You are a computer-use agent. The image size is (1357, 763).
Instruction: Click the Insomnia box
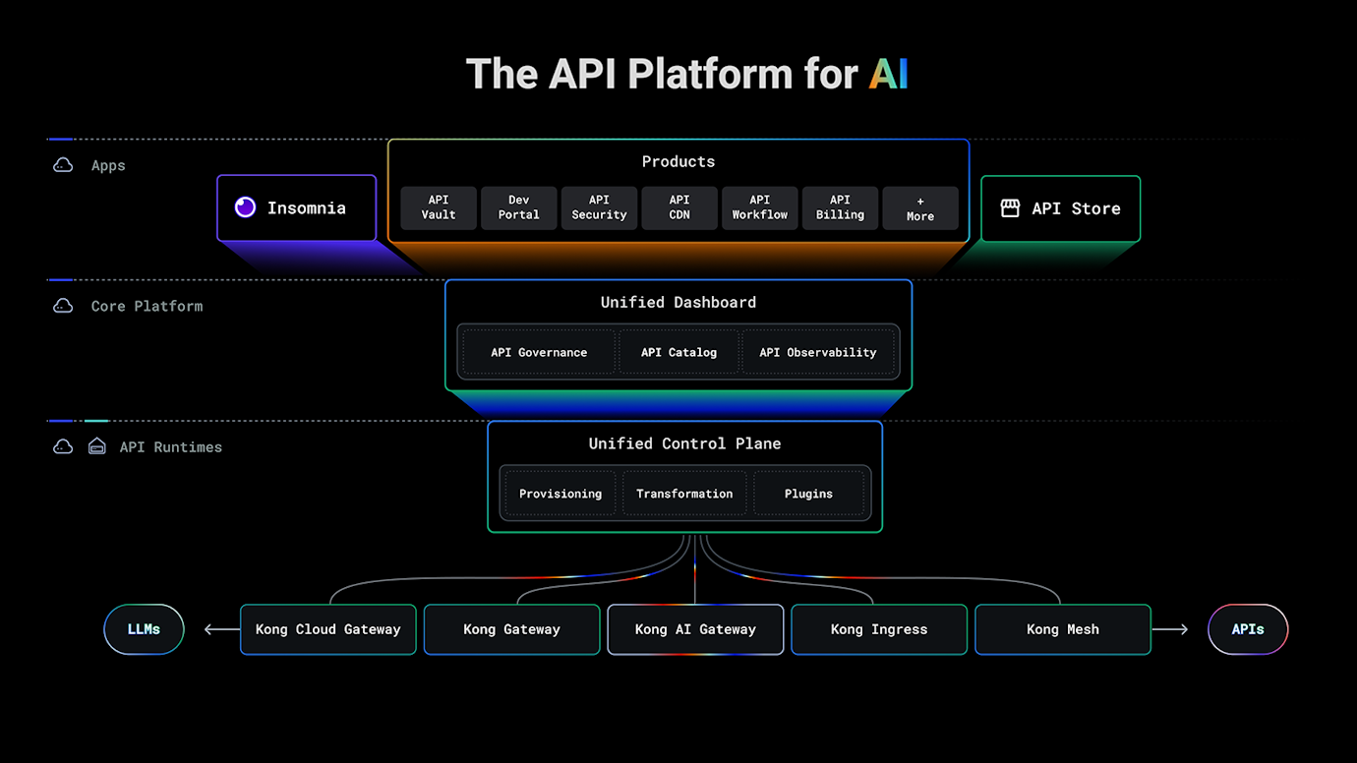(296, 208)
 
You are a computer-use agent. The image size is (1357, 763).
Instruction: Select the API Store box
(1060, 208)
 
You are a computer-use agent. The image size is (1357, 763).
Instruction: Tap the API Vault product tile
(439, 207)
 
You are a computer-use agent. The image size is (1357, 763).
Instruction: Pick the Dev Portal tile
(518, 207)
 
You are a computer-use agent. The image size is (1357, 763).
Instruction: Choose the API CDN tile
(679, 207)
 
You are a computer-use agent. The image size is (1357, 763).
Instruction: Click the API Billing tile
(840, 207)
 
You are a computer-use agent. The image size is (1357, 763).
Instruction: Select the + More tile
(920, 208)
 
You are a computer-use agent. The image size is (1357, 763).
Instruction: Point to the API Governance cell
(539, 352)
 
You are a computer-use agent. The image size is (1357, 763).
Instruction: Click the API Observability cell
(817, 352)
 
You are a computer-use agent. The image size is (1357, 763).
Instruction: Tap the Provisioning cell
(560, 494)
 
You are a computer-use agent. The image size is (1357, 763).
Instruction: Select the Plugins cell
(808, 494)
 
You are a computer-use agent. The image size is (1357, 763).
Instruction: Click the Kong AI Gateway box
(695, 629)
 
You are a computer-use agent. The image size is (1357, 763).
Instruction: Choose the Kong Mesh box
(1062, 629)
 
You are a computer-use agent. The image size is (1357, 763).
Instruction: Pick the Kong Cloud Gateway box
(327, 629)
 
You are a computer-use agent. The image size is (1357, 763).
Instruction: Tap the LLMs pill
(144, 629)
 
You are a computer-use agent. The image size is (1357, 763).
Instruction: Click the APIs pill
(1247, 629)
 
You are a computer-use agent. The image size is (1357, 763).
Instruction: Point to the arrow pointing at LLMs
(221, 629)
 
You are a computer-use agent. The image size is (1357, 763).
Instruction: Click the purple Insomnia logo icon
(246, 207)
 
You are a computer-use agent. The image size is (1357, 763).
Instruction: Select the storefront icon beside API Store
(1010, 208)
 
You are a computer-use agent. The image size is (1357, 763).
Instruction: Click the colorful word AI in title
(888, 75)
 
